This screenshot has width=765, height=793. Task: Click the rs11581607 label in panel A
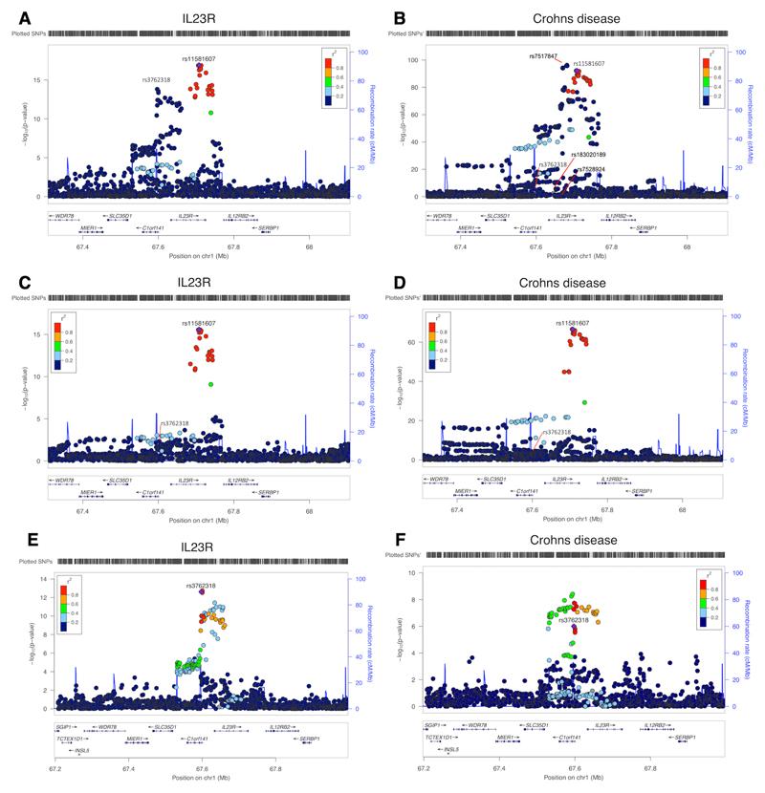(199, 59)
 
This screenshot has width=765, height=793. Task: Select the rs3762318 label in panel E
(202, 584)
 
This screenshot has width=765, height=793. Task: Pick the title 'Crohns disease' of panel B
(573, 18)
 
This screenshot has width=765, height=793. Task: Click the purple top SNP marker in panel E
(202, 591)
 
